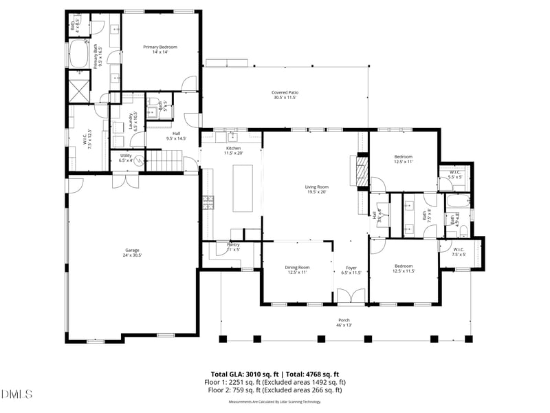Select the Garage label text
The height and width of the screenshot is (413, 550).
[x=132, y=253]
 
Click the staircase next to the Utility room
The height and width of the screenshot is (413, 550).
[x=165, y=162]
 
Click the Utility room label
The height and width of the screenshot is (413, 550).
[x=125, y=158]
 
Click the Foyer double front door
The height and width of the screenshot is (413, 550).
[x=351, y=297]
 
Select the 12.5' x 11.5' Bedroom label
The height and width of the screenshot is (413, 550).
[x=404, y=268]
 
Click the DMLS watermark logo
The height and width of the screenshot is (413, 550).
[x=17, y=394]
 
